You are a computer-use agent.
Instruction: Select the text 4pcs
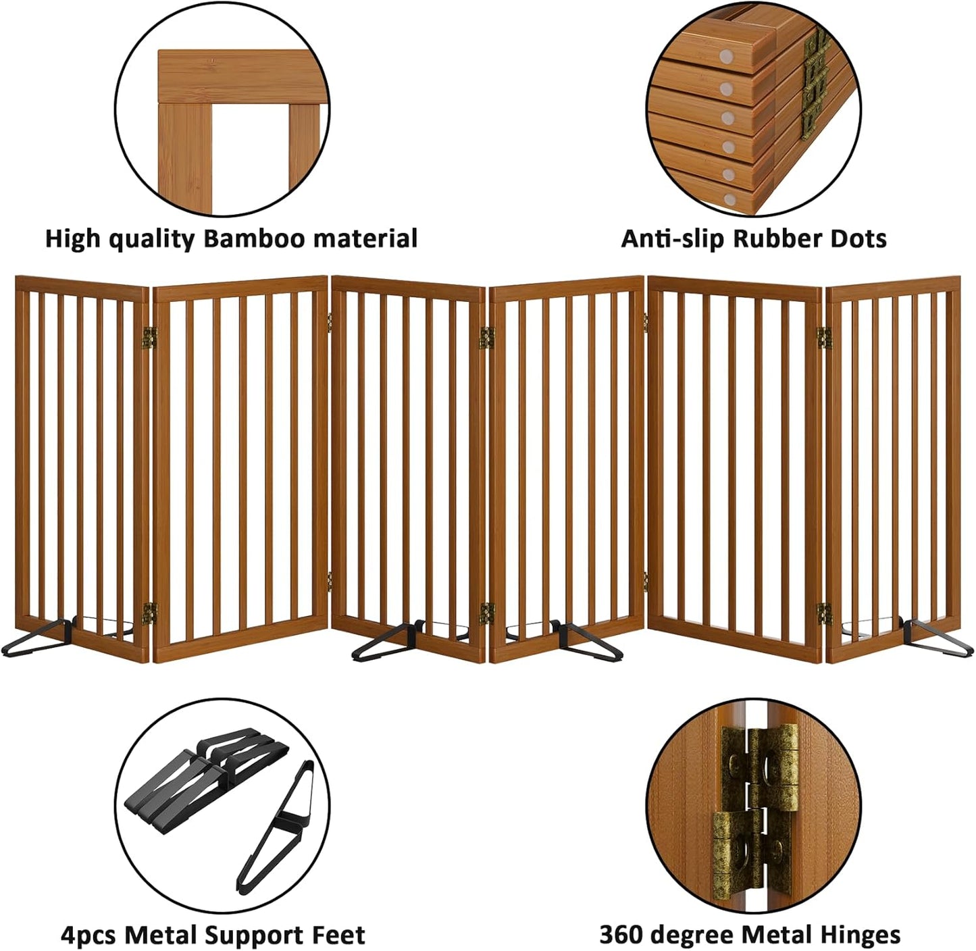[x=88, y=935]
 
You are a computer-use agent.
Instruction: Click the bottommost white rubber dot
[x=729, y=199]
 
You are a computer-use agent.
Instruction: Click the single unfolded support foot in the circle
[x=278, y=827]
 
